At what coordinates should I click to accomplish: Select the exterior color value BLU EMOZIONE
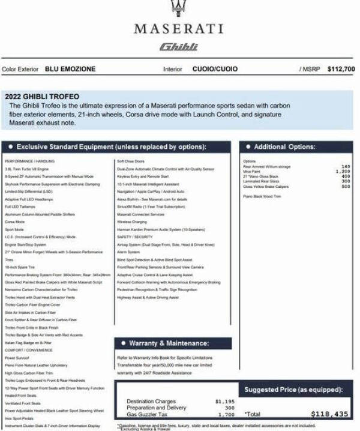(70, 69)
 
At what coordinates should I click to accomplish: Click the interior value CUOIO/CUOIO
(215, 69)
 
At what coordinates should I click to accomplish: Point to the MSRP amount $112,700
(341, 69)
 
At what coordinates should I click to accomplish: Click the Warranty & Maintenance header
(169, 343)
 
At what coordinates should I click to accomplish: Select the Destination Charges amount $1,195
(224, 401)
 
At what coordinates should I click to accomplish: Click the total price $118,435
(329, 414)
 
